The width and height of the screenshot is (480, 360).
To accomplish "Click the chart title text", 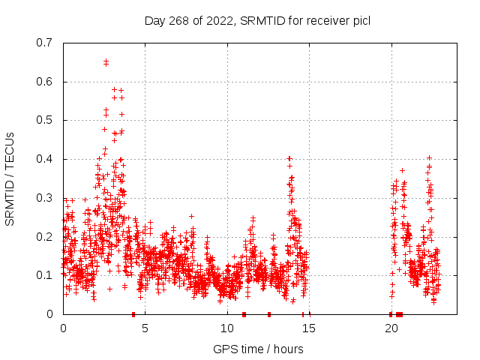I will click(x=257, y=20).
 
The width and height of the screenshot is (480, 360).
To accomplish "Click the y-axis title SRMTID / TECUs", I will click(x=10, y=178).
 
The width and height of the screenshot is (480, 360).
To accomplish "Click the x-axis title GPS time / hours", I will click(x=258, y=349).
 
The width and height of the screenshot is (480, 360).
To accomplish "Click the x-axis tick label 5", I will click(x=145, y=328).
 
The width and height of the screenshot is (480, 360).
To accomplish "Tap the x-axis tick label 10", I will click(x=227, y=328).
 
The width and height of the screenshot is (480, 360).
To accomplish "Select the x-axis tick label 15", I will click(x=309, y=328).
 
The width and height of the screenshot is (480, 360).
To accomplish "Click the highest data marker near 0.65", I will click(x=106, y=62).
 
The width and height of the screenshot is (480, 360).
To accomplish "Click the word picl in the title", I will click(x=360, y=20).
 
